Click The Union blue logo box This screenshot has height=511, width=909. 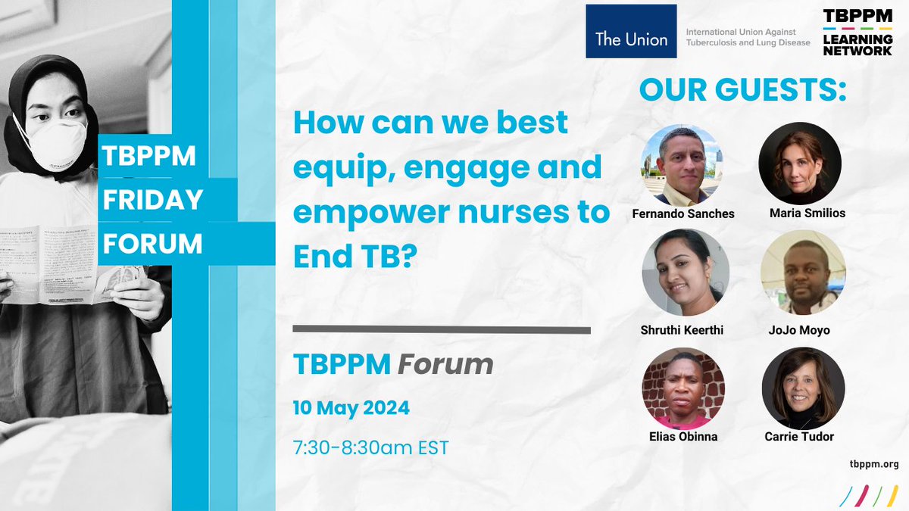(631, 32)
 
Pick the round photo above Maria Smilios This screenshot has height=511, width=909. (800, 164)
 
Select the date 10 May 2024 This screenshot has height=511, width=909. (351, 408)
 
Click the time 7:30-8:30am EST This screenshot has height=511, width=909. (370, 447)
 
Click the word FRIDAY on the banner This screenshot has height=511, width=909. (153, 199)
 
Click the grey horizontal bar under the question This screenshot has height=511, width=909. (441, 329)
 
